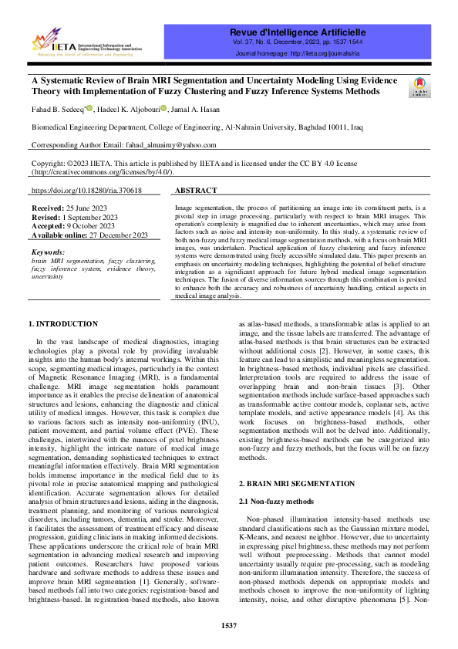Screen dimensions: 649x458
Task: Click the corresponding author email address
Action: [168, 145]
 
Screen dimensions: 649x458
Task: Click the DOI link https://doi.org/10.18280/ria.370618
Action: [86, 189]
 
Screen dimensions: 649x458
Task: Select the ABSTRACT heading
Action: [196, 189]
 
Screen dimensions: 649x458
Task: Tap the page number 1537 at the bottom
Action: [229, 625]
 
